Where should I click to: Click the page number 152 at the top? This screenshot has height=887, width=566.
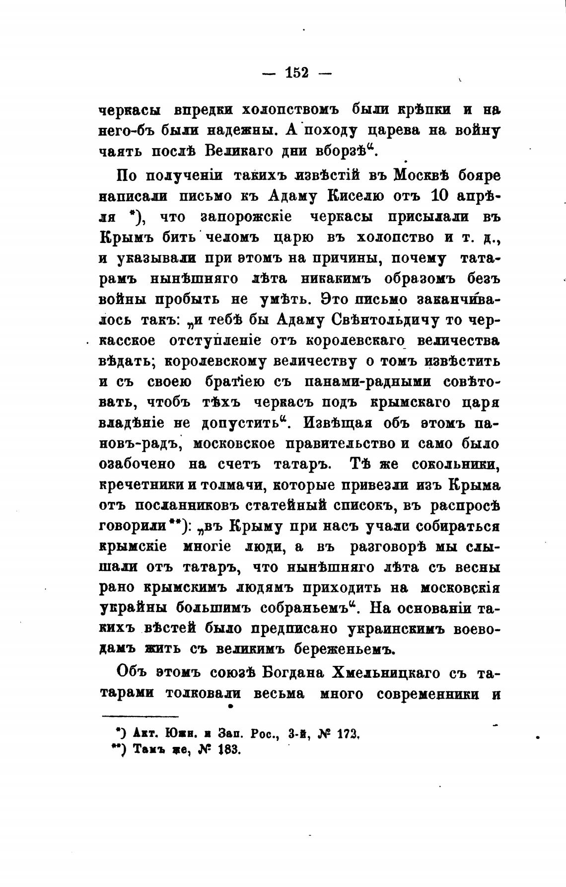click(297, 73)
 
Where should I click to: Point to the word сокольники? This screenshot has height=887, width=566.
click(456, 464)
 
